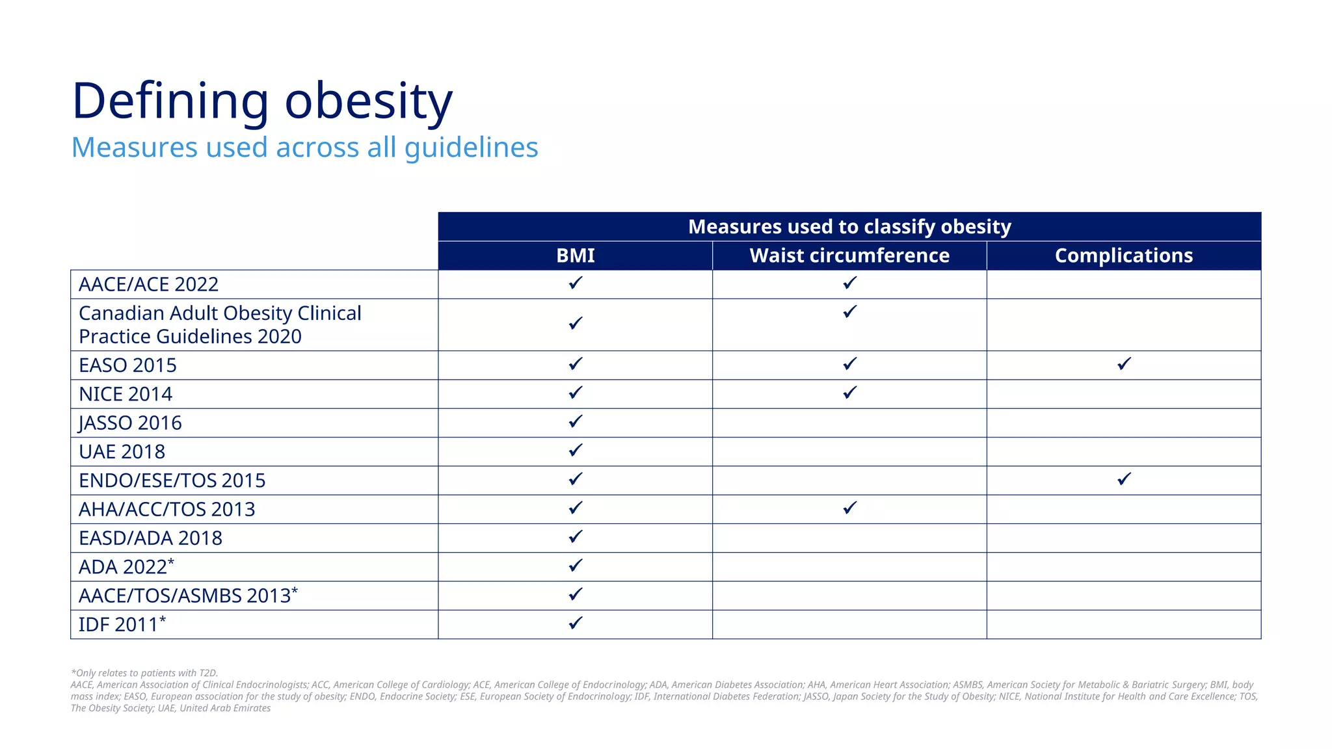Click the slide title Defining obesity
click(261, 101)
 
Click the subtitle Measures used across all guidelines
click(304, 148)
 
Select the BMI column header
click(575, 256)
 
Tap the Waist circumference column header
click(849, 256)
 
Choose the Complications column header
click(1123, 256)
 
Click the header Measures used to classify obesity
click(849, 226)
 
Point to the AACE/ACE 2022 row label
click(148, 285)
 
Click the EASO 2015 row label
click(127, 365)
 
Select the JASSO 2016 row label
click(130, 423)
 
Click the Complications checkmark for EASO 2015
click(1124, 364)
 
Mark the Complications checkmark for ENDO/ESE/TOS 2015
click(1124, 479)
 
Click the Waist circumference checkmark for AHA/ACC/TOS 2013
click(849, 508)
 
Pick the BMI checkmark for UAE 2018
click(575, 450)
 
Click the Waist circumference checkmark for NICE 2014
click(849, 393)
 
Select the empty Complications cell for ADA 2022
click(1123, 567)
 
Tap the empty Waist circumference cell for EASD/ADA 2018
click(849, 538)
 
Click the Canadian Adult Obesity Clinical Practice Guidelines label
click(220, 324)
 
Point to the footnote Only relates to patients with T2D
click(144, 673)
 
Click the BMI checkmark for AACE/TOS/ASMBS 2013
click(575, 594)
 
